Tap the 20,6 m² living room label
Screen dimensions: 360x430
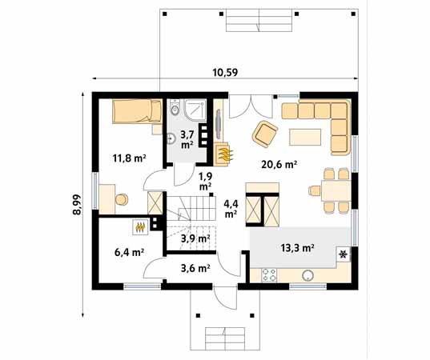(x=279, y=164)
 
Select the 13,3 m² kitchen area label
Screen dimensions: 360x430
(x=296, y=247)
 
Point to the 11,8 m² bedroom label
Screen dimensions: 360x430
(x=129, y=158)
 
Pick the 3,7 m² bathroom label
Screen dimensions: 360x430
(x=187, y=140)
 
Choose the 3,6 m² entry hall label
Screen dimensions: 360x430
(x=195, y=268)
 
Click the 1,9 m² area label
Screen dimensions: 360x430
(x=205, y=181)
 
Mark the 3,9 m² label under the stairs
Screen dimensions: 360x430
(x=195, y=238)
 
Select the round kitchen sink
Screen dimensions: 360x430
(x=307, y=276)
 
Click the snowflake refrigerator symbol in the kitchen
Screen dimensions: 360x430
(x=344, y=255)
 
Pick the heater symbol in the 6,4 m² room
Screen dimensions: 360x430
(x=140, y=227)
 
